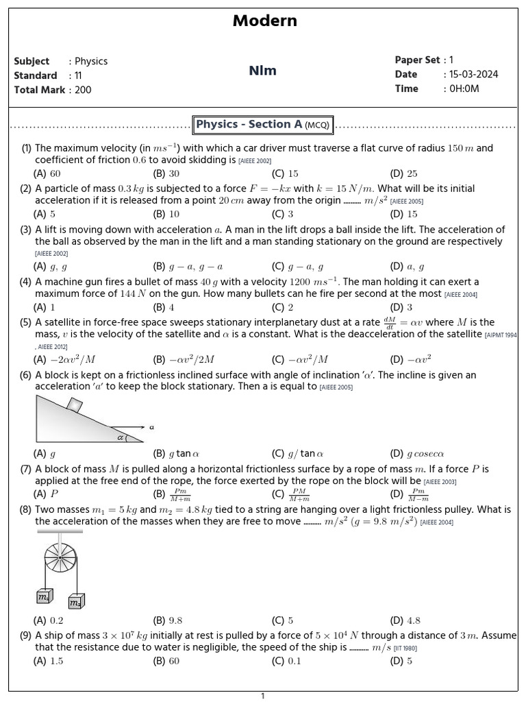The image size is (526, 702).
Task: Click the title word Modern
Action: pyautogui.click(x=264, y=21)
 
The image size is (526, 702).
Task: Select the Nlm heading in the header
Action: pyautogui.click(x=263, y=71)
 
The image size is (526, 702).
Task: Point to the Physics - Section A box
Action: pyautogui.click(x=263, y=125)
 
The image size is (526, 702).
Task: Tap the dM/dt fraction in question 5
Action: pyautogui.click(x=390, y=322)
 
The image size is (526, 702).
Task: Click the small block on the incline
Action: pyautogui.click(x=74, y=404)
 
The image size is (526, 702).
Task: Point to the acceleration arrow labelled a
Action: pyautogui.click(x=134, y=426)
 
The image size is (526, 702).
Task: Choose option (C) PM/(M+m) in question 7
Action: pyautogui.click(x=290, y=494)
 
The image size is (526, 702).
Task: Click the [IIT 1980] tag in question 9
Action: pyautogui.click(x=405, y=648)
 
